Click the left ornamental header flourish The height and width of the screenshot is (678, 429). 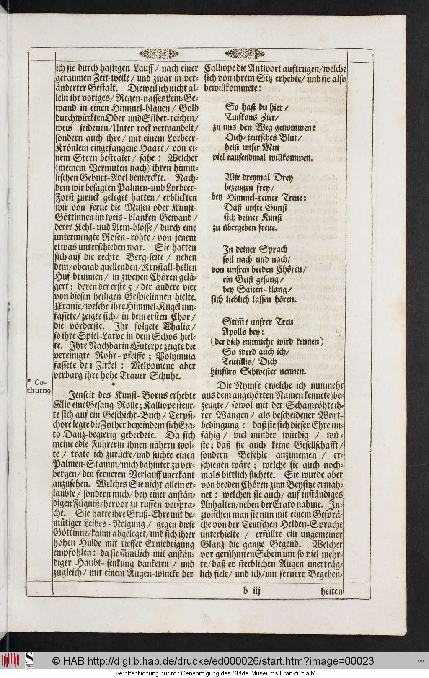[156, 54]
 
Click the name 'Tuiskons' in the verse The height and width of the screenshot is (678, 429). [242, 118]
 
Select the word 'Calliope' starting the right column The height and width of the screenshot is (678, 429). [220, 68]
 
